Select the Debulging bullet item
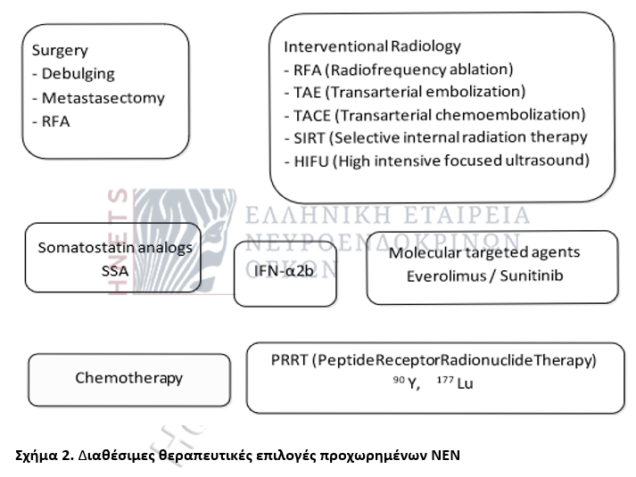[76, 75]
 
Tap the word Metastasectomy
[97, 98]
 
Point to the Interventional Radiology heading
[372, 45]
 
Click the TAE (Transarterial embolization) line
[403, 92]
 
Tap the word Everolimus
[443, 276]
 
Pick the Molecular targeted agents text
[484, 252]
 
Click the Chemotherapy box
[128, 378]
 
